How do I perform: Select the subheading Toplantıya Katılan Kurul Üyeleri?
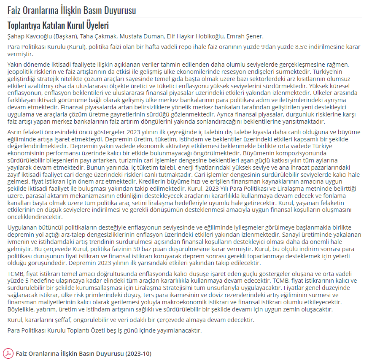pyautogui.click(x=58, y=25)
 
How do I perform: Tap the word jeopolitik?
pyautogui.click(x=22, y=70)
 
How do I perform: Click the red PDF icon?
pyautogui.click(x=8, y=353)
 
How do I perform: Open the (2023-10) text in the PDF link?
pyautogui.click(x=138, y=353)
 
